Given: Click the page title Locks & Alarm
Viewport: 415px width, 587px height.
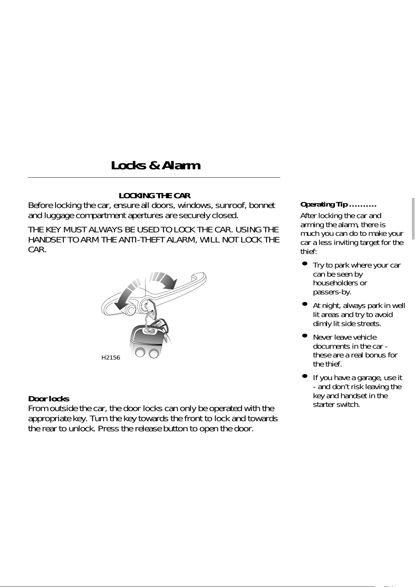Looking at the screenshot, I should pyautogui.click(x=156, y=165).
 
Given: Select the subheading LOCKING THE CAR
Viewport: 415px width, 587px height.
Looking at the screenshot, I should pyautogui.click(x=155, y=195).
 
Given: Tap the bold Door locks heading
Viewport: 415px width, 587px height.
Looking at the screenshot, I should pyautogui.click(x=48, y=399).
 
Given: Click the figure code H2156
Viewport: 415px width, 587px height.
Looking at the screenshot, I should pyautogui.click(x=111, y=358).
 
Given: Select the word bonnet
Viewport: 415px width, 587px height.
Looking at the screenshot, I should pyautogui.click(x=262, y=205).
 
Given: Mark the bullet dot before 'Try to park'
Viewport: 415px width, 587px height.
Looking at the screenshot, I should pyautogui.click(x=305, y=264).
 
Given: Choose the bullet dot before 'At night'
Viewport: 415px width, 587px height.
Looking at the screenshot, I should pyautogui.click(x=305, y=304).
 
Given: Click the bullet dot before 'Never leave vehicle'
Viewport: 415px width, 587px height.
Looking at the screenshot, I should pyautogui.click(x=305, y=336).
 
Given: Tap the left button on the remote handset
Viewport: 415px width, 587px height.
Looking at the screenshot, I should pyautogui.click(x=140, y=353).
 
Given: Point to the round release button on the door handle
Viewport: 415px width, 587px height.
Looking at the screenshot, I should pyautogui.click(x=131, y=309).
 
